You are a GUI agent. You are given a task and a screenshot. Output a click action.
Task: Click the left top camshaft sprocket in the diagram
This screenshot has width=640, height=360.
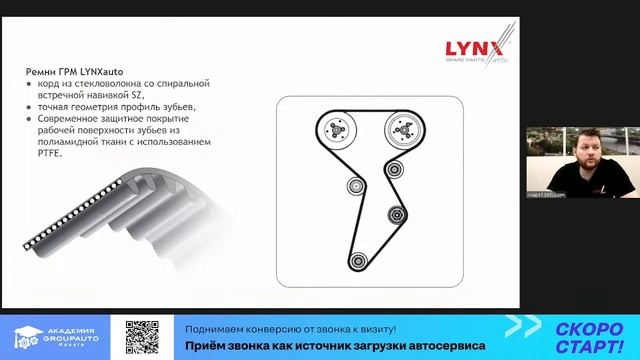click(x=338, y=129)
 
